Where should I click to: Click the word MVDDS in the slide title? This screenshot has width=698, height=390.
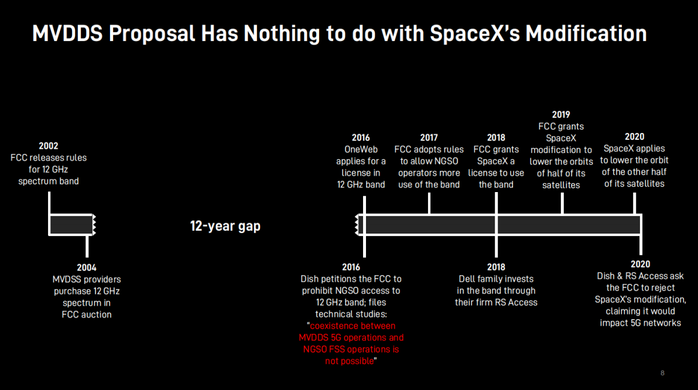pos(67,33)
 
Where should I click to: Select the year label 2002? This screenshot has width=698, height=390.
pos(49,146)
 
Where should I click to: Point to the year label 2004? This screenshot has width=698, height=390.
pos(86,268)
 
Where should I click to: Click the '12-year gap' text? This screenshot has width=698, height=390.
pos(225,226)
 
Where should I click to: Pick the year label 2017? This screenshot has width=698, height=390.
pos(429,138)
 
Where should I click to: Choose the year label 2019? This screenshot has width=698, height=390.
pos(561,114)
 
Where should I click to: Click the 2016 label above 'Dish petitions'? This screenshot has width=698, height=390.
pos(351,267)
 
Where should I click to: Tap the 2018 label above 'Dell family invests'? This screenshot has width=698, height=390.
pos(496,267)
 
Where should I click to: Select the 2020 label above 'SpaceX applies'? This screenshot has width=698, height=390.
pos(634,136)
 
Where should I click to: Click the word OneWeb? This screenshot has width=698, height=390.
pos(361,149)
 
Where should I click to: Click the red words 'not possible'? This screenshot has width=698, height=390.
pos(350,361)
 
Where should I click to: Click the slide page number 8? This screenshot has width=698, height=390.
pos(662,373)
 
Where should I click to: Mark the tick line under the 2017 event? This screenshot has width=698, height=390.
pos(429,204)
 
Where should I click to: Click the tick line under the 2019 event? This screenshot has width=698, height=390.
pos(562,204)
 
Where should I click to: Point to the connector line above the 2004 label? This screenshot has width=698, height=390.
pos(87,246)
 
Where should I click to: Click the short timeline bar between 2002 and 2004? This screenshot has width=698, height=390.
pos(71,225)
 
